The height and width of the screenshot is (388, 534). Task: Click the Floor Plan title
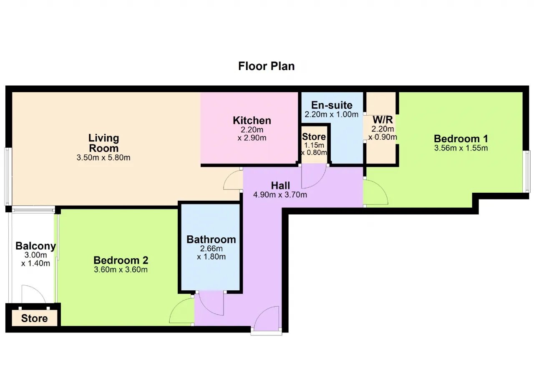tap(266, 66)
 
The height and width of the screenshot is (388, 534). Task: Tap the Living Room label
tap(104, 143)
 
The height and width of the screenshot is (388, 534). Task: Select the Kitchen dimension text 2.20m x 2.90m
tap(252, 134)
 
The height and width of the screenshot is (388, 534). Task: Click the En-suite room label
tap(332, 105)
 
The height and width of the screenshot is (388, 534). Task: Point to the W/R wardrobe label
tap(383, 120)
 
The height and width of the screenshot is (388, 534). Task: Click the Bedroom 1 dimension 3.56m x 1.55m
tap(461, 148)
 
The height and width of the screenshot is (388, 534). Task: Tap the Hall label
tap(280, 185)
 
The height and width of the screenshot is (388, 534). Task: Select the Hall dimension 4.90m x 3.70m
tap(280, 195)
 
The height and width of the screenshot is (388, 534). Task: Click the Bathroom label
tap(211, 239)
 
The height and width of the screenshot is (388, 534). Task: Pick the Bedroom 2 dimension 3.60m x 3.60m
tap(121, 270)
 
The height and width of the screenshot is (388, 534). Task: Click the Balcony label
tap(36, 246)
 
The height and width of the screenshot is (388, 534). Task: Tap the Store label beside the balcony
tap(34, 318)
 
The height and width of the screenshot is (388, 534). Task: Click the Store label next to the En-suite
tap(314, 136)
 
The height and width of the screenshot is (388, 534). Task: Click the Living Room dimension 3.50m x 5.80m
tap(103, 158)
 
